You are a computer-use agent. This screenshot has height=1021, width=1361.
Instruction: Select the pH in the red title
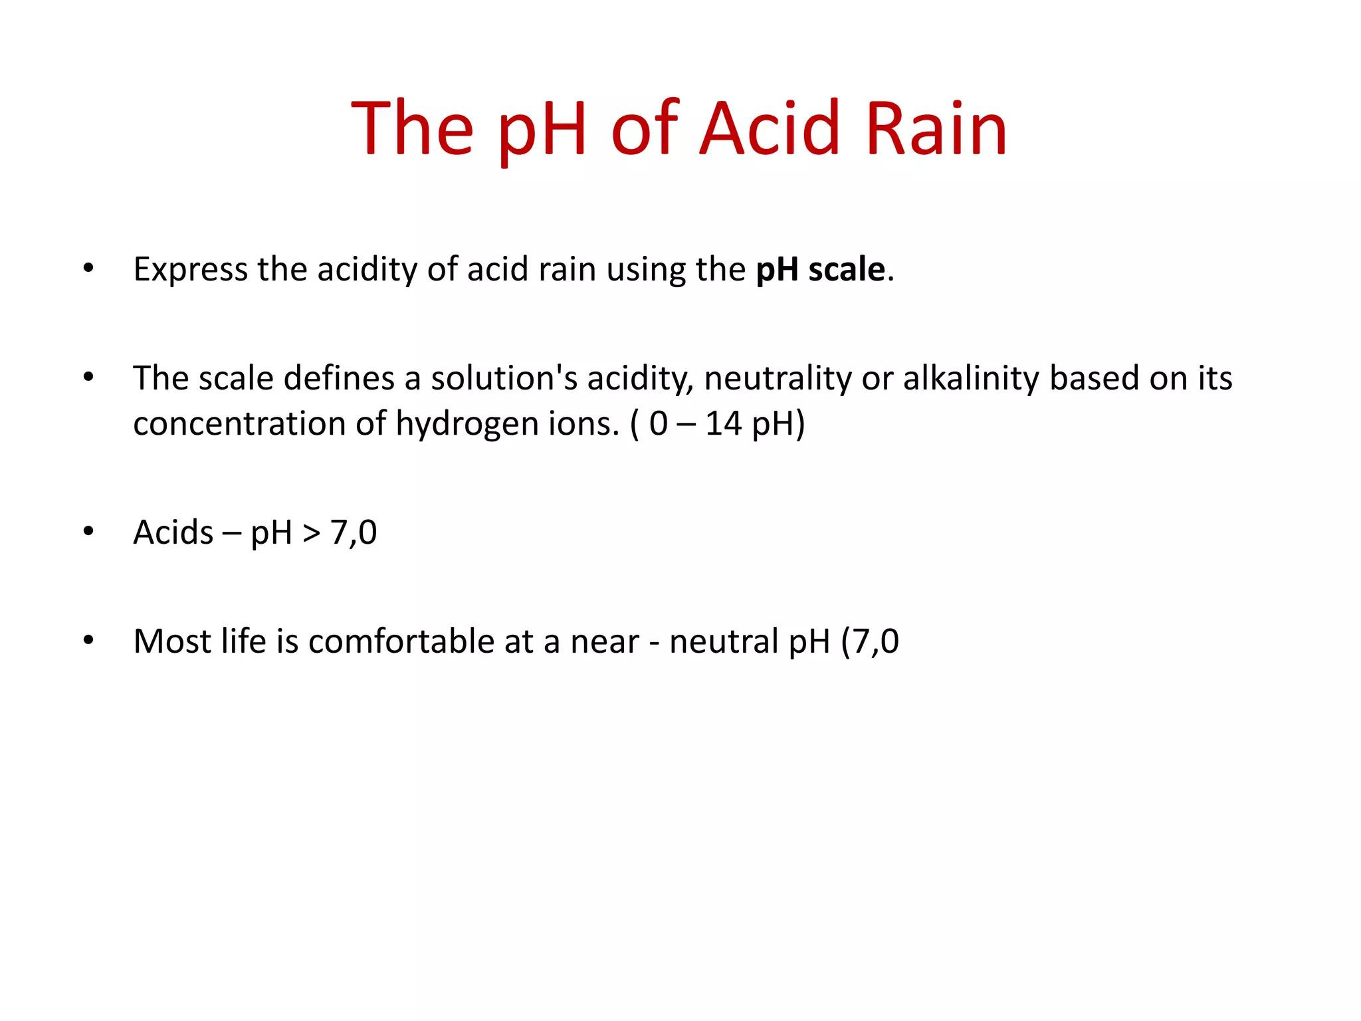[542, 130]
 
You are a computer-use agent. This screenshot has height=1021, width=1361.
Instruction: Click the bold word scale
[846, 270]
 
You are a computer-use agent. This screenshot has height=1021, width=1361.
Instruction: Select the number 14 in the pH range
[723, 423]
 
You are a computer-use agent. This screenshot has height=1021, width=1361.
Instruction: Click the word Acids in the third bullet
[173, 532]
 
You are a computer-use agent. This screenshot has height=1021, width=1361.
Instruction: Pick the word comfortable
[401, 641]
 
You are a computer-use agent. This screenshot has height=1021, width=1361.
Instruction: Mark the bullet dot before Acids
[88, 532]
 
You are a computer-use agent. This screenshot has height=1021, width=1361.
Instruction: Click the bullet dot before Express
[88, 269]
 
